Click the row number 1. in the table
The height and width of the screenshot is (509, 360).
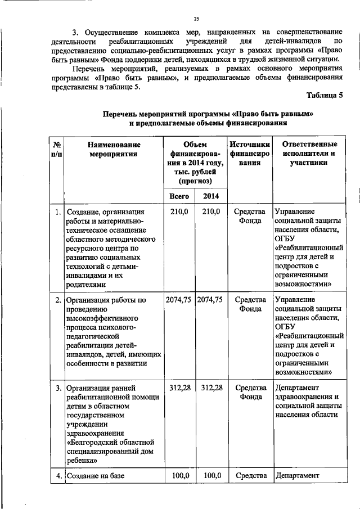(58, 212)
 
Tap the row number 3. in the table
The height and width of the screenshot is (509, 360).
(58, 388)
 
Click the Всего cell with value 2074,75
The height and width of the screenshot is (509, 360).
(179, 300)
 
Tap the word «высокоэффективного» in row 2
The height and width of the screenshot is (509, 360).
(102, 318)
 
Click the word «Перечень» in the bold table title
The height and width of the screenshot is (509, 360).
(120, 113)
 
